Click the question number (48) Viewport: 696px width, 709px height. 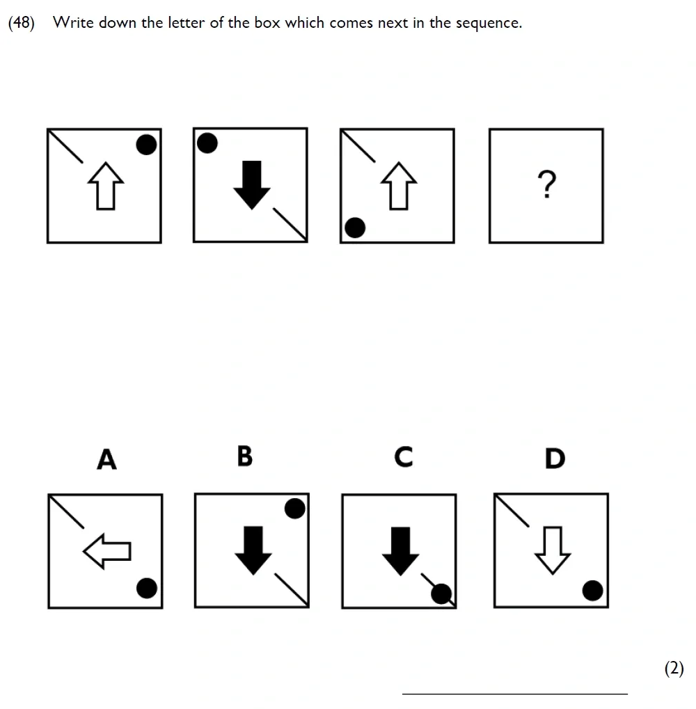pos(21,22)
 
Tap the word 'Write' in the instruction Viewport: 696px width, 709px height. pos(73,22)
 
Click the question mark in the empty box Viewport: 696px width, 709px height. pos(546,184)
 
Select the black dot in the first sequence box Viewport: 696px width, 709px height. pos(145,144)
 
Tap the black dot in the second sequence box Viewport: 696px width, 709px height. pos(207,143)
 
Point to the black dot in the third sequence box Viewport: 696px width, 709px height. pos(355,227)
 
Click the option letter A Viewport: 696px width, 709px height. pos(106,459)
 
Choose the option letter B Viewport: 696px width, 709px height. pos(244,456)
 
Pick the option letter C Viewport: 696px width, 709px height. pos(403,457)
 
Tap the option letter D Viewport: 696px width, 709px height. pos(555,459)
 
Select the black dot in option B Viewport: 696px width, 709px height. pos(294,509)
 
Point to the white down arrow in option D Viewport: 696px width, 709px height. pos(552,550)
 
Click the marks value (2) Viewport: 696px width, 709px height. pos(674,669)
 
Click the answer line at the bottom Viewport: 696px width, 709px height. pos(515,693)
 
